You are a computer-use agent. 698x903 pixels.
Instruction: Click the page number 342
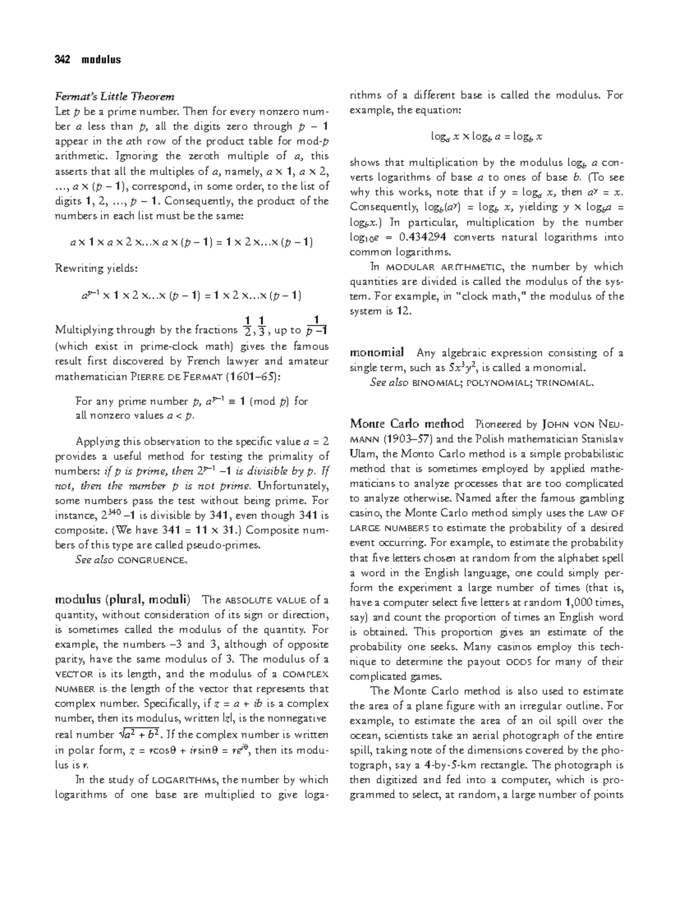click(62, 59)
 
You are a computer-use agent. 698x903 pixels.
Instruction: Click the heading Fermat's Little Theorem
click(114, 96)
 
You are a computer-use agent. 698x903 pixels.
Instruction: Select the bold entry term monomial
click(376, 352)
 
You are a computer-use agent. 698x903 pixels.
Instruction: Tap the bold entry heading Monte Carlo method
click(407, 424)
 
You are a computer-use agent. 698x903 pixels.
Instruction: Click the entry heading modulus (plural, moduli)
click(122, 599)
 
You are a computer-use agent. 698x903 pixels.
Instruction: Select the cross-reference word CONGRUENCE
click(152, 561)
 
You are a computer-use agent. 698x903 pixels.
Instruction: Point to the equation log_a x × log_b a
click(486, 137)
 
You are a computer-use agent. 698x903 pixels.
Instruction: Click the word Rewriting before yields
click(79, 269)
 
